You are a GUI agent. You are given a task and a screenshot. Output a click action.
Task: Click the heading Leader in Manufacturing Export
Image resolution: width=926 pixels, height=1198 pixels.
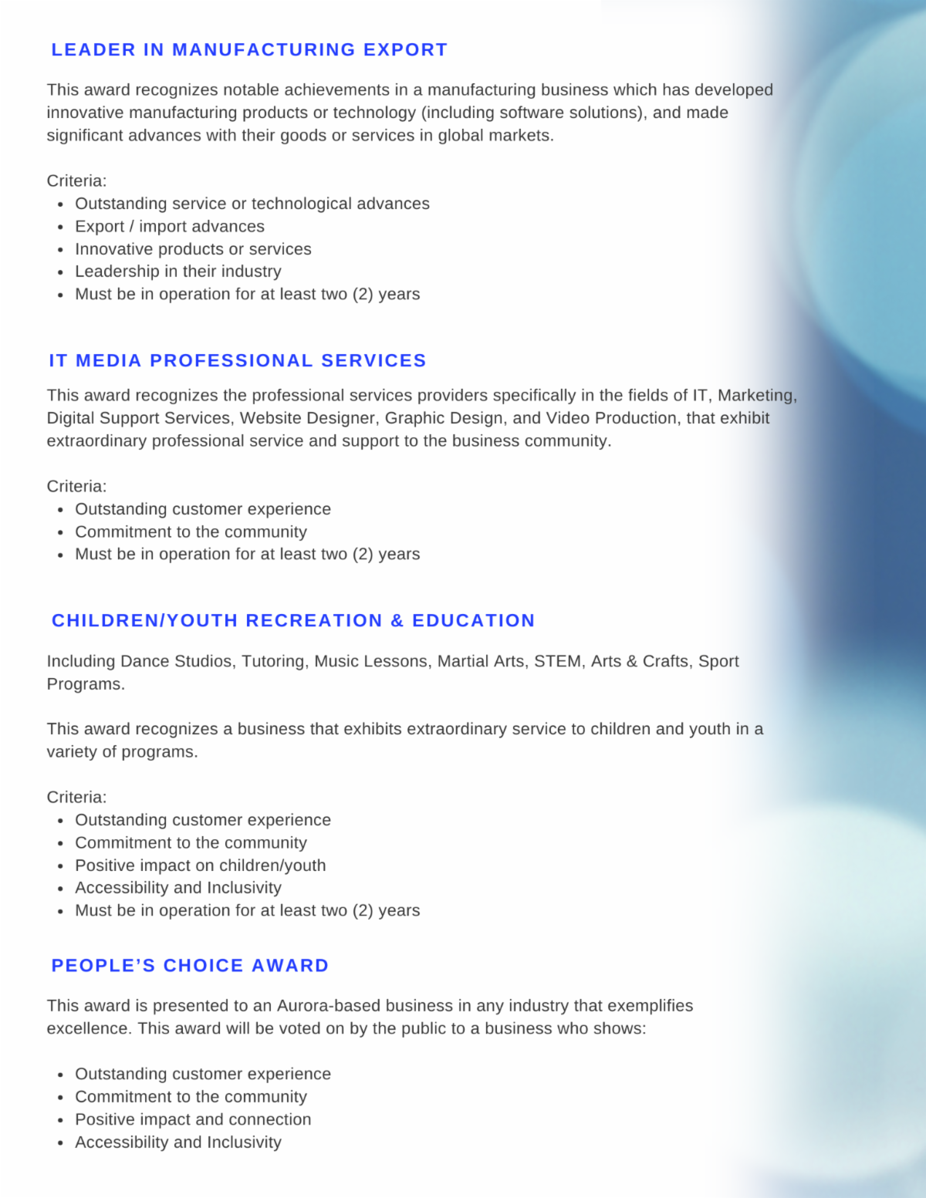(249, 50)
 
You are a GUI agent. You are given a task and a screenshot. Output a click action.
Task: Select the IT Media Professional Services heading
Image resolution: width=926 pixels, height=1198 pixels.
(238, 361)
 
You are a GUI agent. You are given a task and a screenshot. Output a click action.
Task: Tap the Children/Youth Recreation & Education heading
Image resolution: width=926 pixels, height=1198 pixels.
(293, 621)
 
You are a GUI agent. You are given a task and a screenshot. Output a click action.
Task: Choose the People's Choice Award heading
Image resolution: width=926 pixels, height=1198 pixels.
(190, 966)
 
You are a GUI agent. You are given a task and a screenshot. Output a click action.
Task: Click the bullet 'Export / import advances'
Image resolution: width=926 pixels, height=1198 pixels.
(170, 227)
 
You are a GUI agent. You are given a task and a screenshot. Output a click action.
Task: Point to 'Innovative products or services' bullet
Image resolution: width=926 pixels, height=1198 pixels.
(193, 249)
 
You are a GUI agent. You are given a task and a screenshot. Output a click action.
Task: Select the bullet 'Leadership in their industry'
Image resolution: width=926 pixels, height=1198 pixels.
(178, 272)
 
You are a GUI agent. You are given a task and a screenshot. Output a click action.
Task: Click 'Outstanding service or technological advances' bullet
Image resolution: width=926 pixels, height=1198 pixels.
(252, 204)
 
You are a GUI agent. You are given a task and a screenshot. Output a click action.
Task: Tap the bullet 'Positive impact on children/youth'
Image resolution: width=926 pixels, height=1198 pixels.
(201, 866)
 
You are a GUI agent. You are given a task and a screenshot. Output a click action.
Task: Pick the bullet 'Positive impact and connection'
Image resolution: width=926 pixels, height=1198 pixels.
(193, 1119)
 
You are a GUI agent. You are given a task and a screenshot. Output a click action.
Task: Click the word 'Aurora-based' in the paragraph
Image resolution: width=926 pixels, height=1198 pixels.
(326, 1006)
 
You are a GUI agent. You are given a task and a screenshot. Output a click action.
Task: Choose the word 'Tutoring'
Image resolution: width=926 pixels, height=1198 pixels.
(273, 661)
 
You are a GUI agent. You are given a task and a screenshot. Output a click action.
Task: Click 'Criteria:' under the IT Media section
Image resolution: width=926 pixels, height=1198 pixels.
(77, 487)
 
